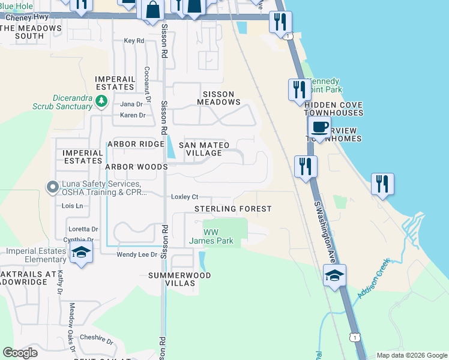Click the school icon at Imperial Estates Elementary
coord(81,253)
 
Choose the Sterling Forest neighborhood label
coord(233,209)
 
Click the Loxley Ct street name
coord(185,197)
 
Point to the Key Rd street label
coord(134,41)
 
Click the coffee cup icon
coord(319,127)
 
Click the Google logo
coord(20,353)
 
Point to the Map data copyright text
coord(412,355)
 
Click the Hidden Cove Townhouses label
coord(334,108)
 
